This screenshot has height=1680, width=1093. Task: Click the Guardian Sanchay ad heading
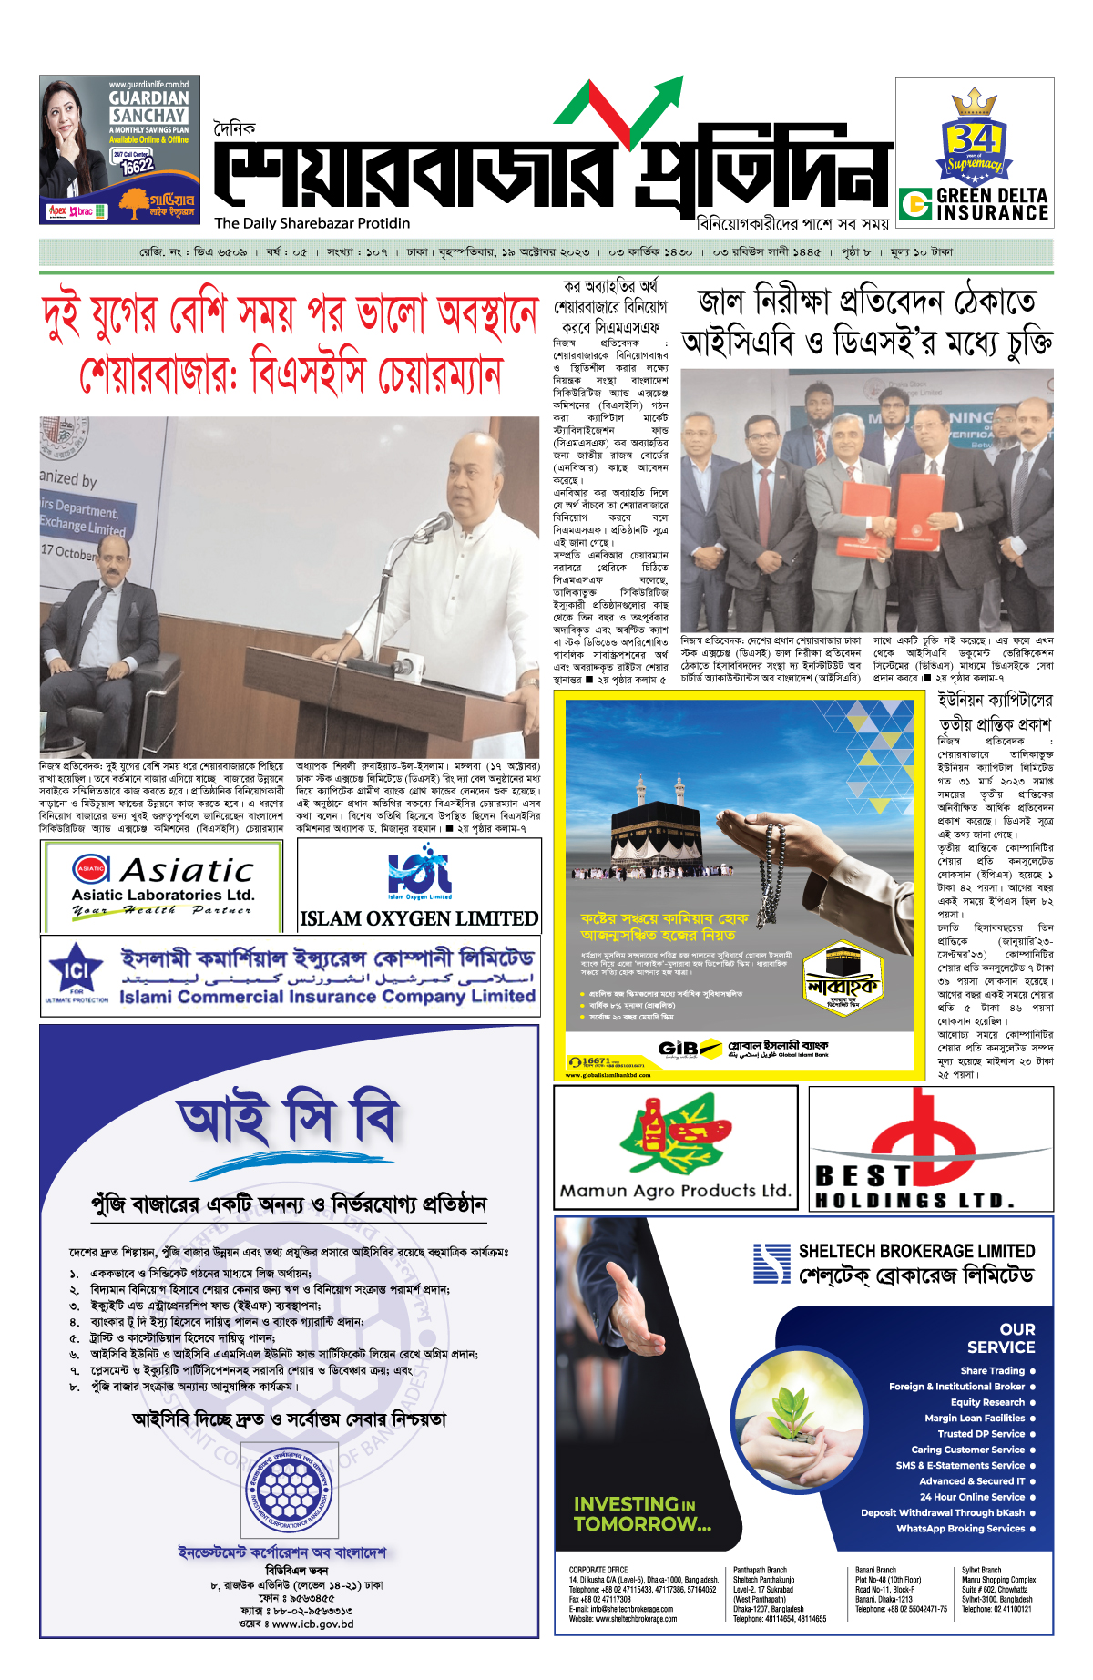click(148, 106)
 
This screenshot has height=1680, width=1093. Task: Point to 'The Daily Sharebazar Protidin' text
click(312, 223)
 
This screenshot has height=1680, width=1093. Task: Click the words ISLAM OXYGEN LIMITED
click(419, 918)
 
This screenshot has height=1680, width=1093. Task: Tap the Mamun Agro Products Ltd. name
click(675, 1190)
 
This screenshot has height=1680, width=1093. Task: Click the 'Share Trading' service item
click(992, 1370)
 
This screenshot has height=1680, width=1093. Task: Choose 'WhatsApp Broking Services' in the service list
click(960, 1528)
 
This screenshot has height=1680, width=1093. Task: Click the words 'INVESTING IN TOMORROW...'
click(641, 1513)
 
